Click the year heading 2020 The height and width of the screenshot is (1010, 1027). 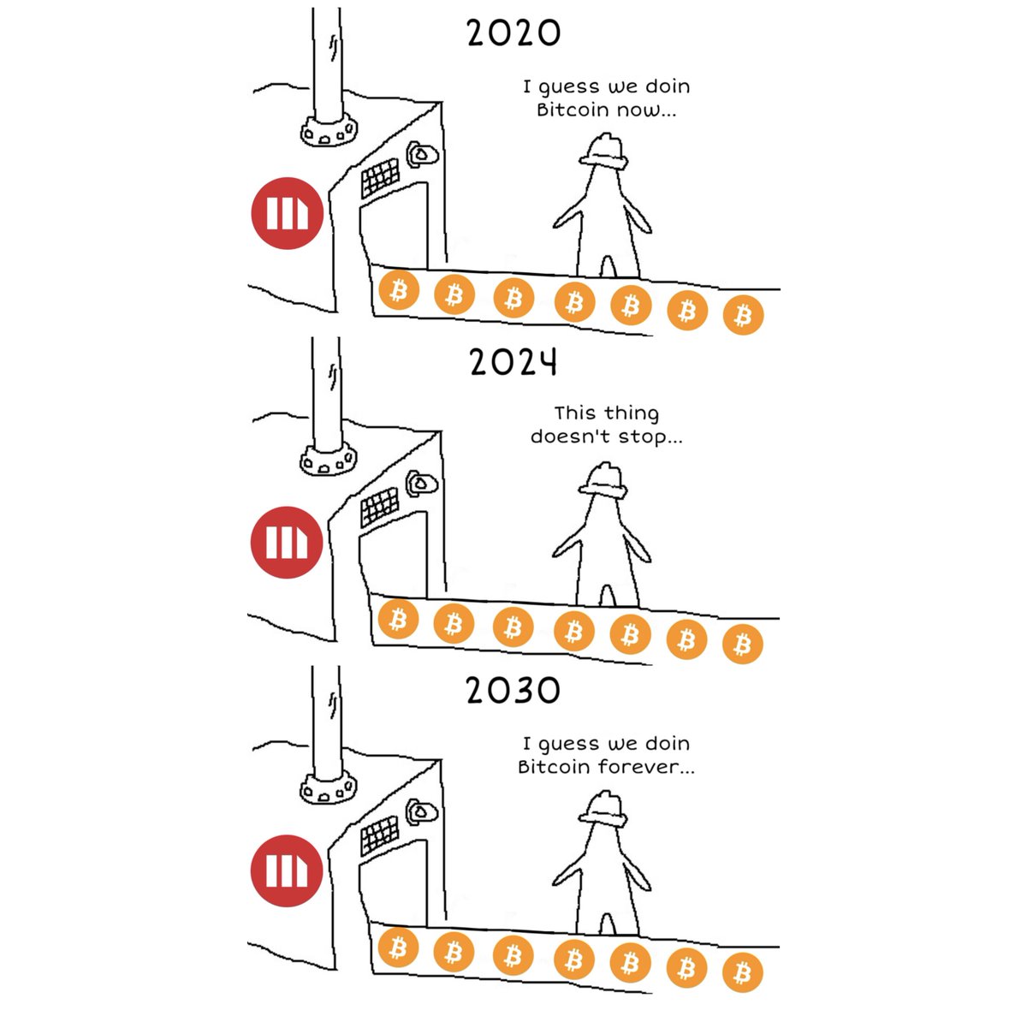point(513,33)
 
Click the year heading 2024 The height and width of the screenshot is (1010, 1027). point(513,363)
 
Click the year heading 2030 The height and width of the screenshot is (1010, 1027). point(513,690)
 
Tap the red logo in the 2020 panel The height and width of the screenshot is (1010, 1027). point(287,214)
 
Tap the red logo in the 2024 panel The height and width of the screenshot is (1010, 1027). point(287,543)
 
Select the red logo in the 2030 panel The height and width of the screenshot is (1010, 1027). point(287,870)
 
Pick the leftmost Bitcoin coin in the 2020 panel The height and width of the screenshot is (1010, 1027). point(398,291)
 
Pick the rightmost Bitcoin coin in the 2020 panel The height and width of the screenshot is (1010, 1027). point(743,315)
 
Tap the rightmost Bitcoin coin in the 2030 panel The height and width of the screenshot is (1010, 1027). point(742,973)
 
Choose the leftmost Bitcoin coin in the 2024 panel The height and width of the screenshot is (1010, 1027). point(398,619)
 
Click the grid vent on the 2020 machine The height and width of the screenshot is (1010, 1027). point(380,176)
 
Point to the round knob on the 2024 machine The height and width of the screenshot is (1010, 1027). point(422,484)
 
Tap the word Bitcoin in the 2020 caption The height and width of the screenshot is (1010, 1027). point(569,110)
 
